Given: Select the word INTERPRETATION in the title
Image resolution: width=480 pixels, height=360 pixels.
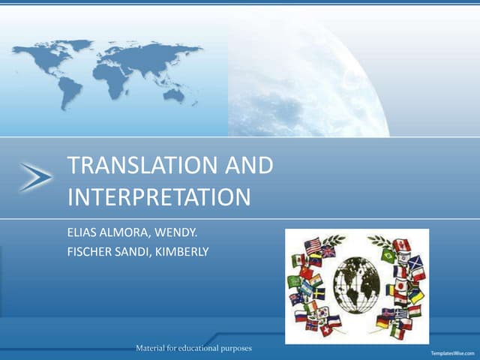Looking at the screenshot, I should (158, 197).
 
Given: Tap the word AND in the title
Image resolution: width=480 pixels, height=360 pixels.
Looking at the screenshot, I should (247, 166).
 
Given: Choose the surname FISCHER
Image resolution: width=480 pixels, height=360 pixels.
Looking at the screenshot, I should (88, 251).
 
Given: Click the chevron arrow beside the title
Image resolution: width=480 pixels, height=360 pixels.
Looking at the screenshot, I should (35, 177).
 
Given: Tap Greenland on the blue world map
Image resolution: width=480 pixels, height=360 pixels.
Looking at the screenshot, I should (79, 46).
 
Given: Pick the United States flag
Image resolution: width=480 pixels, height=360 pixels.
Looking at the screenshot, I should (313, 244).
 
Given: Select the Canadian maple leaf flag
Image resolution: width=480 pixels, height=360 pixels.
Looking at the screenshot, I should (401, 244).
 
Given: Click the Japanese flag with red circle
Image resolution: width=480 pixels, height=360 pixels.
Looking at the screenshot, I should (400, 286).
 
